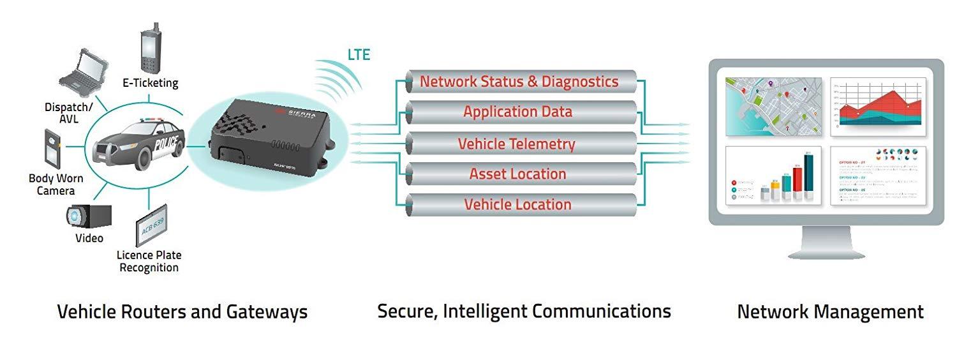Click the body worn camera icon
pyautogui.click(x=52, y=148)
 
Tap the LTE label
pyautogui.click(x=359, y=55)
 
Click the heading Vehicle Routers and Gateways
pyautogui.click(x=182, y=311)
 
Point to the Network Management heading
pyautogui.click(x=830, y=311)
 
